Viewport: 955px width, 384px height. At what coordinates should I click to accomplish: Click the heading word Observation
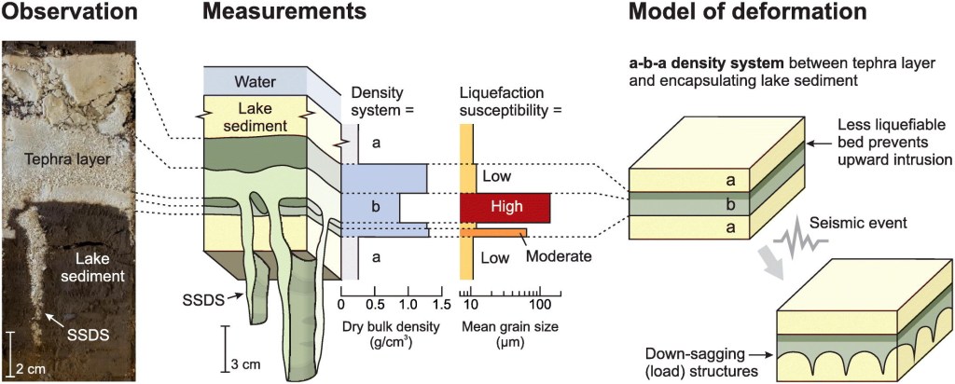point(69,13)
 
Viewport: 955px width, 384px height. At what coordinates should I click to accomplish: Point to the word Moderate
point(560,254)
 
